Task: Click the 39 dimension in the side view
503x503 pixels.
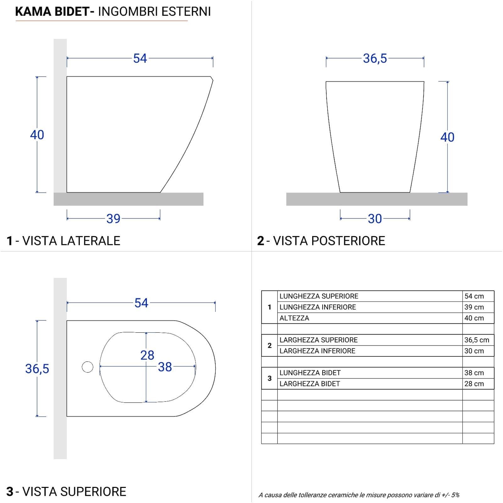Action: [x=113, y=218]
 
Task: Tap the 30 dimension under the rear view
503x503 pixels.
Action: [x=375, y=218]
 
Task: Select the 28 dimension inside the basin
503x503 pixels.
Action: [x=147, y=355]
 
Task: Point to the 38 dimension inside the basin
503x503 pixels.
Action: [x=165, y=367]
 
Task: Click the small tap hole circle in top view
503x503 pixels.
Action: [x=87, y=367]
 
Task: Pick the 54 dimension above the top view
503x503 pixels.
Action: [x=141, y=303]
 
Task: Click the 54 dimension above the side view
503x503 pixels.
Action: [x=140, y=58]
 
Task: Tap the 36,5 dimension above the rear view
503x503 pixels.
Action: [x=375, y=58]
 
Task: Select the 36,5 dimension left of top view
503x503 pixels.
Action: [x=37, y=368]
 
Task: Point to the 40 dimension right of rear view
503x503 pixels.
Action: [x=447, y=137]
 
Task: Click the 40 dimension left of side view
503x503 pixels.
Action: [x=37, y=135]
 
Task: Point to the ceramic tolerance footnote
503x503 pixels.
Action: [x=359, y=495]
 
